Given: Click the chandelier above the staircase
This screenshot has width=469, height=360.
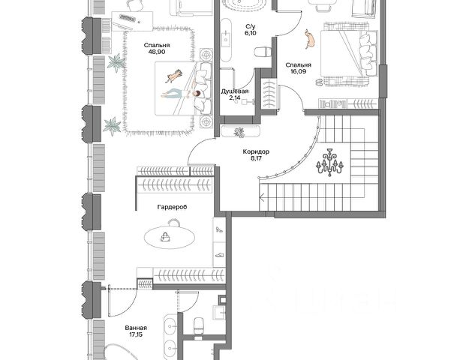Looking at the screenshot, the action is click(x=329, y=163).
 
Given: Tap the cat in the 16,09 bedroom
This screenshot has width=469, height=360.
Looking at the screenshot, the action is click(x=311, y=39).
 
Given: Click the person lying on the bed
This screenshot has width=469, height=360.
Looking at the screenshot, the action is click(x=182, y=94).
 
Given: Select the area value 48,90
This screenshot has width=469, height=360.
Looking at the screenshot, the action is click(x=157, y=52).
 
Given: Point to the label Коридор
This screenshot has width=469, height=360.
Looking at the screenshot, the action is click(x=256, y=151).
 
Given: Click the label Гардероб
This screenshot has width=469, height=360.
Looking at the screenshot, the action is click(x=172, y=207).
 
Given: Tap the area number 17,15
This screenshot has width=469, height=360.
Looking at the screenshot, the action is click(x=136, y=334).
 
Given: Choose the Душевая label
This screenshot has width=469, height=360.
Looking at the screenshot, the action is click(x=235, y=91).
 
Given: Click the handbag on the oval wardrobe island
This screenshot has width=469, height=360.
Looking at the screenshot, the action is click(x=165, y=237).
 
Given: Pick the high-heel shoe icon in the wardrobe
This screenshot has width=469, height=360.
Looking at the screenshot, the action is click(x=219, y=229).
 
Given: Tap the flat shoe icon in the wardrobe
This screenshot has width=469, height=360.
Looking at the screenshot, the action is click(x=220, y=255).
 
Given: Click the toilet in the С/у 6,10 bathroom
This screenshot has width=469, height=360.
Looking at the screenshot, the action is click(x=263, y=52).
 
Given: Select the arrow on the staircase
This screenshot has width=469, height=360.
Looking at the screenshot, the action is click(x=262, y=197).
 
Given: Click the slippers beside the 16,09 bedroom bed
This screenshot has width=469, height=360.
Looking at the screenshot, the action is click(x=319, y=82).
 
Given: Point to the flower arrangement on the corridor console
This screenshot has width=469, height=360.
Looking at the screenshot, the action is click(x=239, y=133).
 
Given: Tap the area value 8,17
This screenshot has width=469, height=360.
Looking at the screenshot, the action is click(x=256, y=158).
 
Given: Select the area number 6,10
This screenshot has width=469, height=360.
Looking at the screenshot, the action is click(x=251, y=33).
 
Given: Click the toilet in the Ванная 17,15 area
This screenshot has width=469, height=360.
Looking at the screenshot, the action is click(x=199, y=326).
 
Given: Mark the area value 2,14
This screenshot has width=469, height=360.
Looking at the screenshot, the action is click(x=234, y=97).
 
